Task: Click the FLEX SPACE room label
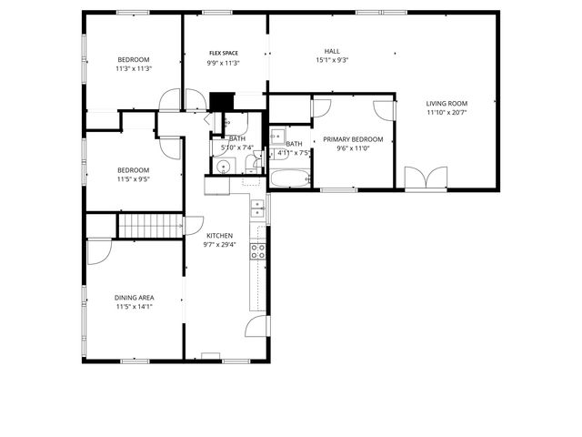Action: coord(224,54)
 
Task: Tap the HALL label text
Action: coord(333,51)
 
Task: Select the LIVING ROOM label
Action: coord(446,103)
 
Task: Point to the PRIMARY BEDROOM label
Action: coord(353,138)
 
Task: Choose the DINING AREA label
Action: coord(134,298)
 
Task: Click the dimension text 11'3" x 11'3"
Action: coord(134,68)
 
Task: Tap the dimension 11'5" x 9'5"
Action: coord(134,179)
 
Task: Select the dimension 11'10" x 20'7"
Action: coord(446,113)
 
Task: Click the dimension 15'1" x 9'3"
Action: coord(333,61)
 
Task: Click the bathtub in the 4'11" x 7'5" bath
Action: coord(290,177)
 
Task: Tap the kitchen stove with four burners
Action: coord(258,251)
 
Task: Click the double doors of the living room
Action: coord(425,178)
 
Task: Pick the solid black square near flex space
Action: coord(220,101)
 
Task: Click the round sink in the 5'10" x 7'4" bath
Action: coord(221,166)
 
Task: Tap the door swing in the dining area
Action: coord(98,250)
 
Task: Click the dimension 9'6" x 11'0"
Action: coord(353,148)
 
